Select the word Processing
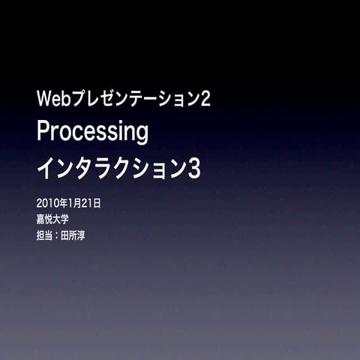click(x=93, y=133)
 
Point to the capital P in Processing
click(x=44, y=132)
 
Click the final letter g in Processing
click(x=142, y=135)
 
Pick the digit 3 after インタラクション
click(x=194, y=169)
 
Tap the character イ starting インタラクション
click(x=46, y=169)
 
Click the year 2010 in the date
click(x=46, y=203)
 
